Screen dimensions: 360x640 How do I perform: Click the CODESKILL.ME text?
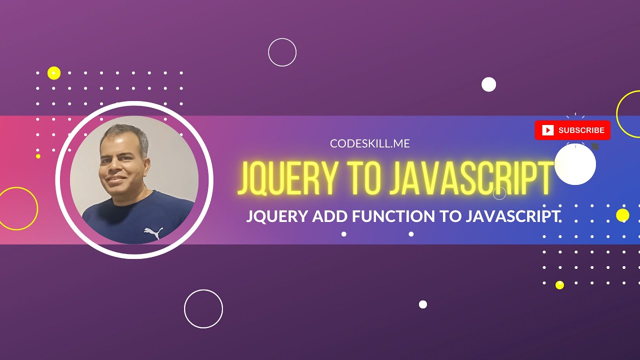[x=370, y=144]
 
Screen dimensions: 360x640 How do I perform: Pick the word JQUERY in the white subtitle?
[x=277, y=216]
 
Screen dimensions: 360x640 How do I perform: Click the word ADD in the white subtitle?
[x=330, y=216]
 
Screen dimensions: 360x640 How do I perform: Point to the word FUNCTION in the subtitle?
[x=392, y=216]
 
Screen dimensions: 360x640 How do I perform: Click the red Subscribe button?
[x=572, y=130]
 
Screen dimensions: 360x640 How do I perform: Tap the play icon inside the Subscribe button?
[x=548, y=130]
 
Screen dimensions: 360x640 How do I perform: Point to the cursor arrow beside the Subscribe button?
[x=595, y=146]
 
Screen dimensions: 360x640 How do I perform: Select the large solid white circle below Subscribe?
[x=575, y=164]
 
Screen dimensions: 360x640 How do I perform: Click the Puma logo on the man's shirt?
[x=153, y=232]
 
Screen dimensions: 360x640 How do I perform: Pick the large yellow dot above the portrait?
[x=54, y=73]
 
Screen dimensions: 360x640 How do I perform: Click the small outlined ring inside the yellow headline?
[x=499, y=193]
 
